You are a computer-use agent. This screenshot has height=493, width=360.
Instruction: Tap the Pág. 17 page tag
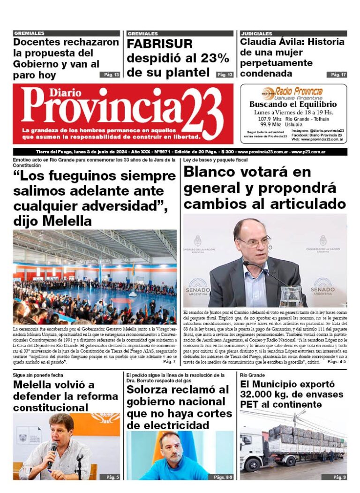[337, 75]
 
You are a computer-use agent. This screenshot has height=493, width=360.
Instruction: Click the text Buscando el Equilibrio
[293, 105]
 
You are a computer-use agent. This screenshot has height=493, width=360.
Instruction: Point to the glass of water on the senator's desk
[291, 296]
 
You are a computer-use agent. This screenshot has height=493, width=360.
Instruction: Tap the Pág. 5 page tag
[111, 477]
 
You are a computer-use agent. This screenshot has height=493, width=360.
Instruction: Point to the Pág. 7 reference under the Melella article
[169, 362]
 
